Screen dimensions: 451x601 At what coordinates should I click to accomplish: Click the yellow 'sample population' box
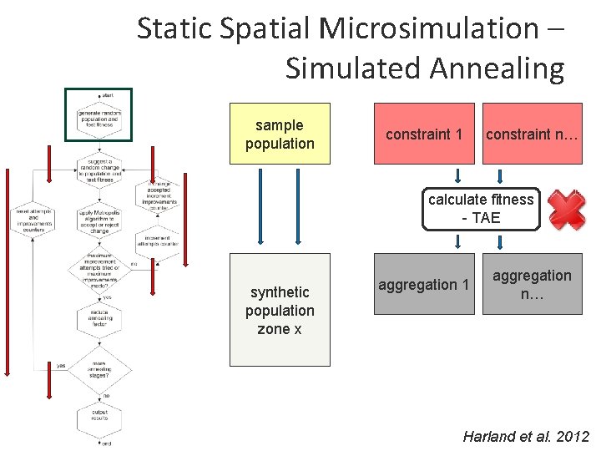point(280,134)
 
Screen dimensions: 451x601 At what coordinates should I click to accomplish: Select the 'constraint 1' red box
point(424,134)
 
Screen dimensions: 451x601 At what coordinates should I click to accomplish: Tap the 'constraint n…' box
point(533,134)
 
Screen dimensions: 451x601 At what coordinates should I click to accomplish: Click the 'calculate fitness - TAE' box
point(480,208)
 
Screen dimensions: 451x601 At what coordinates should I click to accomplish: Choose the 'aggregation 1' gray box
point(424,284)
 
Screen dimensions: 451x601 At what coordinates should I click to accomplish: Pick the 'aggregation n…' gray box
point(533,284)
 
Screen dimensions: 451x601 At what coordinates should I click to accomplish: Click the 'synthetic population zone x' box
point(280,310)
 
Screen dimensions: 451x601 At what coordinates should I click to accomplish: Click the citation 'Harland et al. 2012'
point(526,437)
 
